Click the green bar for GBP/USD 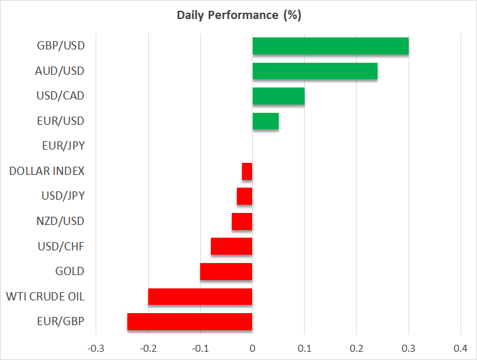point(331,46)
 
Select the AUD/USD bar point(315,71)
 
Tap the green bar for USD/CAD point(278,96)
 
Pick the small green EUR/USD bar point(265,121)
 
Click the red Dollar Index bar point(247,171)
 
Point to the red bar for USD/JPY point(245,196)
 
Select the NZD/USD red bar point(242,222)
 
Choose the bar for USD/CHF point(231,247)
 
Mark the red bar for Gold point(226,271)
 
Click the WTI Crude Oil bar point(200,297)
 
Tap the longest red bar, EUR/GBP point(190,321)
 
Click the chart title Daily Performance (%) point(239,15)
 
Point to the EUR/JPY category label point(63,146)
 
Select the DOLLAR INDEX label point(47,171)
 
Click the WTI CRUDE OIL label point(45,297)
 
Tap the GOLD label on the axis point(70,271)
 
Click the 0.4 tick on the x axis point(461,349)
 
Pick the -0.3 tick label point(96,349)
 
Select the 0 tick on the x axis point(252,349)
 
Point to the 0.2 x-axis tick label point(356,349)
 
